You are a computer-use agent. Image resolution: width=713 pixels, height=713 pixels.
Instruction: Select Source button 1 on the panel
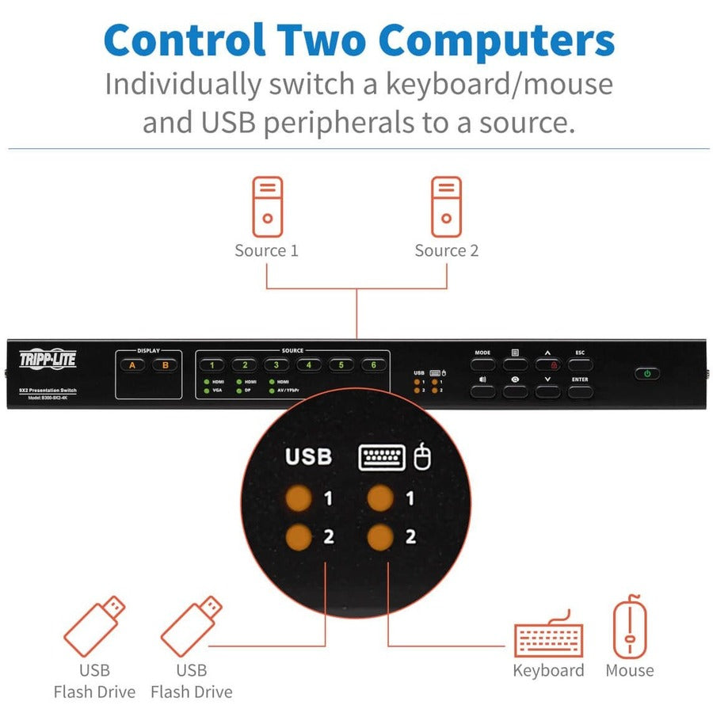pyautogui.click(x=212, y=365)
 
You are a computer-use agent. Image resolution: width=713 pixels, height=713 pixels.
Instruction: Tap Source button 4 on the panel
pyautogui.click(x=308, y=365)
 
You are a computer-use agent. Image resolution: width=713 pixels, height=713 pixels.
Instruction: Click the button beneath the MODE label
pyautogui.click(x=482, y=364)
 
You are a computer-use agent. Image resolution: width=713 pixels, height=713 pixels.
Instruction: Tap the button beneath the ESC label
pyautogui.click(x=580, y=364)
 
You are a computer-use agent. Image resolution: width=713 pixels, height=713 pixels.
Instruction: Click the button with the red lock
pyautogui.click(x=547, y=364)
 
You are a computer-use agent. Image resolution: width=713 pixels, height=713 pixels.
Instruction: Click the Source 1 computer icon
pyautogui.click(x=267, y=207)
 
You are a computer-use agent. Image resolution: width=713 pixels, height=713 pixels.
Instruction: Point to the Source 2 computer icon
pyautogui.click(x=446, y=207)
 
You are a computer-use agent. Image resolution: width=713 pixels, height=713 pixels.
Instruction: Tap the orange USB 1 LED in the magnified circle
pyautogui.click(x=299, y=498)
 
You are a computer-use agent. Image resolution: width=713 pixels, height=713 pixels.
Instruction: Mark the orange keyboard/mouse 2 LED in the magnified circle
pyautogui.click(x=380, y=536)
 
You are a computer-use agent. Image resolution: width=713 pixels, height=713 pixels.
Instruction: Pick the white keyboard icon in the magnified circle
pyautogui.click(x=382, y=457)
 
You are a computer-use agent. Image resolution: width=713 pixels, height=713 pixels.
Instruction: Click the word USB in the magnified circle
pyautogui.click(x=308, y=457)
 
